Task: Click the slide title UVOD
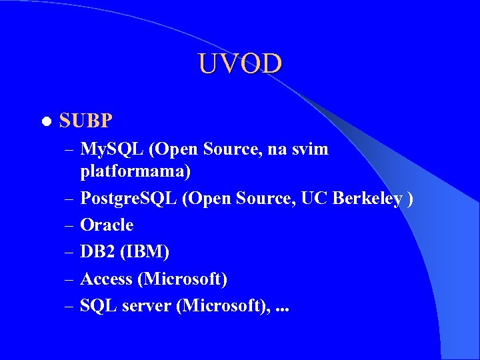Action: pos(240,64)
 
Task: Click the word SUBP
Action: pos(86,121)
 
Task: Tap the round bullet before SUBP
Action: pos(45,122)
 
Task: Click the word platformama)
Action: pos(135,171)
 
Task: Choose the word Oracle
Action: pos(107,225)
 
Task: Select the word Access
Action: pos(106,279)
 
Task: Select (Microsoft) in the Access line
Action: pos(183,279)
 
